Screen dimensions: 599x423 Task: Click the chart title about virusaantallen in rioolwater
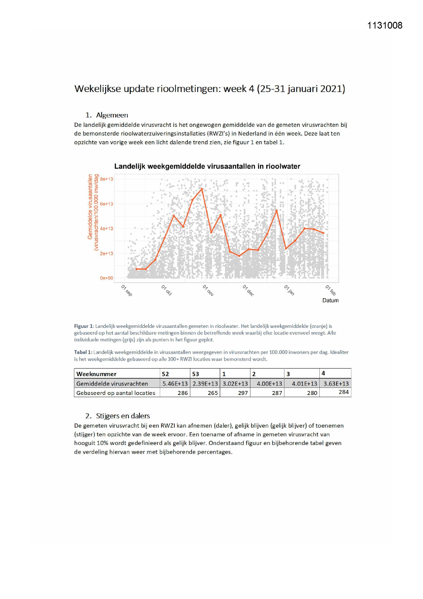(x=207, y=166)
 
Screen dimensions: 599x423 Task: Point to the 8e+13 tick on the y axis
(x=106, y=179)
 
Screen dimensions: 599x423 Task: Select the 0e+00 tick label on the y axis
(x=106, y=278)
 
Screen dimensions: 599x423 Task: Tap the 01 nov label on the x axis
(x=208, y=290)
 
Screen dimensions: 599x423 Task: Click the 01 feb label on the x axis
(x=330, y=290)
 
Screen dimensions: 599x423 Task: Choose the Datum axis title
(x=330, y=300)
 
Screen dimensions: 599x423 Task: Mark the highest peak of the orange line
(x=202, y=189)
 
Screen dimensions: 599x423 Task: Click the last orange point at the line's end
(x=323, y=233)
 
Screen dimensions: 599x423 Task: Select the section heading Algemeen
(x=112, y=115)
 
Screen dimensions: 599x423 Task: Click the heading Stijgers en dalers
(x=123, y=416)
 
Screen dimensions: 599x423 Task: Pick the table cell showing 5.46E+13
(x=175, y=384)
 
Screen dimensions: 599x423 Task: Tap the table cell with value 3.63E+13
(x=336, y=384)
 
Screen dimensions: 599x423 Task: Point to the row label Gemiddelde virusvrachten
(x=112, y=384)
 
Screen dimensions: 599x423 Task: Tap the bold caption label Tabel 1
(x=83, y=352)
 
